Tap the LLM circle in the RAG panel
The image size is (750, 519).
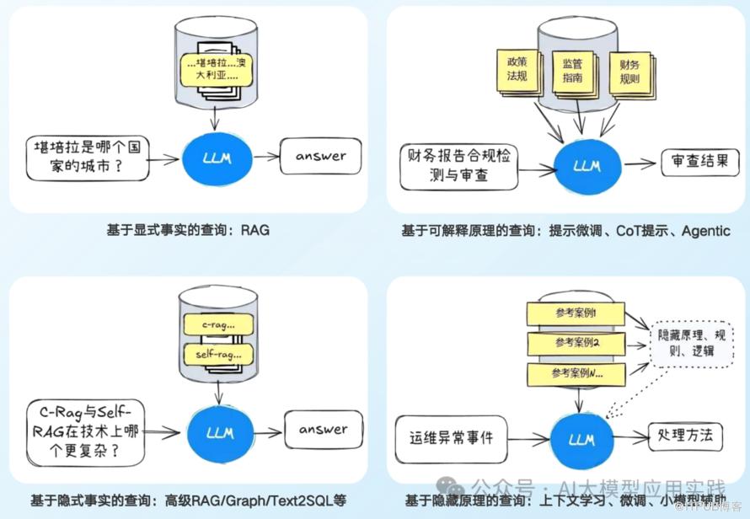click(217, 157)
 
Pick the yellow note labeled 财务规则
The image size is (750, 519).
click(629, 73)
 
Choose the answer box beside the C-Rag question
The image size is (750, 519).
click(321, 430)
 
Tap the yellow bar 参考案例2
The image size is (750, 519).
click(576, 342)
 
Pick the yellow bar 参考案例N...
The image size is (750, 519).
click(576, 372)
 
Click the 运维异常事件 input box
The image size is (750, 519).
click(452, 437)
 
